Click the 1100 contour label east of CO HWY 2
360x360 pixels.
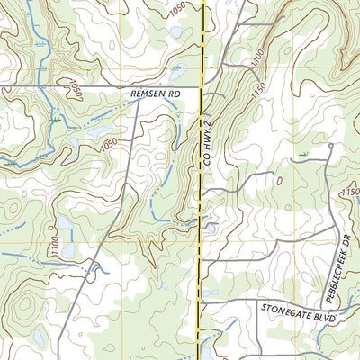[257, 55]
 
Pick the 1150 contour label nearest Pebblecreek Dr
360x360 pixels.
[349, 193]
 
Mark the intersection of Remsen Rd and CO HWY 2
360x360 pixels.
[201, 87]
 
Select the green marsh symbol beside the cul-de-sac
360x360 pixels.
[303, 155]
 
